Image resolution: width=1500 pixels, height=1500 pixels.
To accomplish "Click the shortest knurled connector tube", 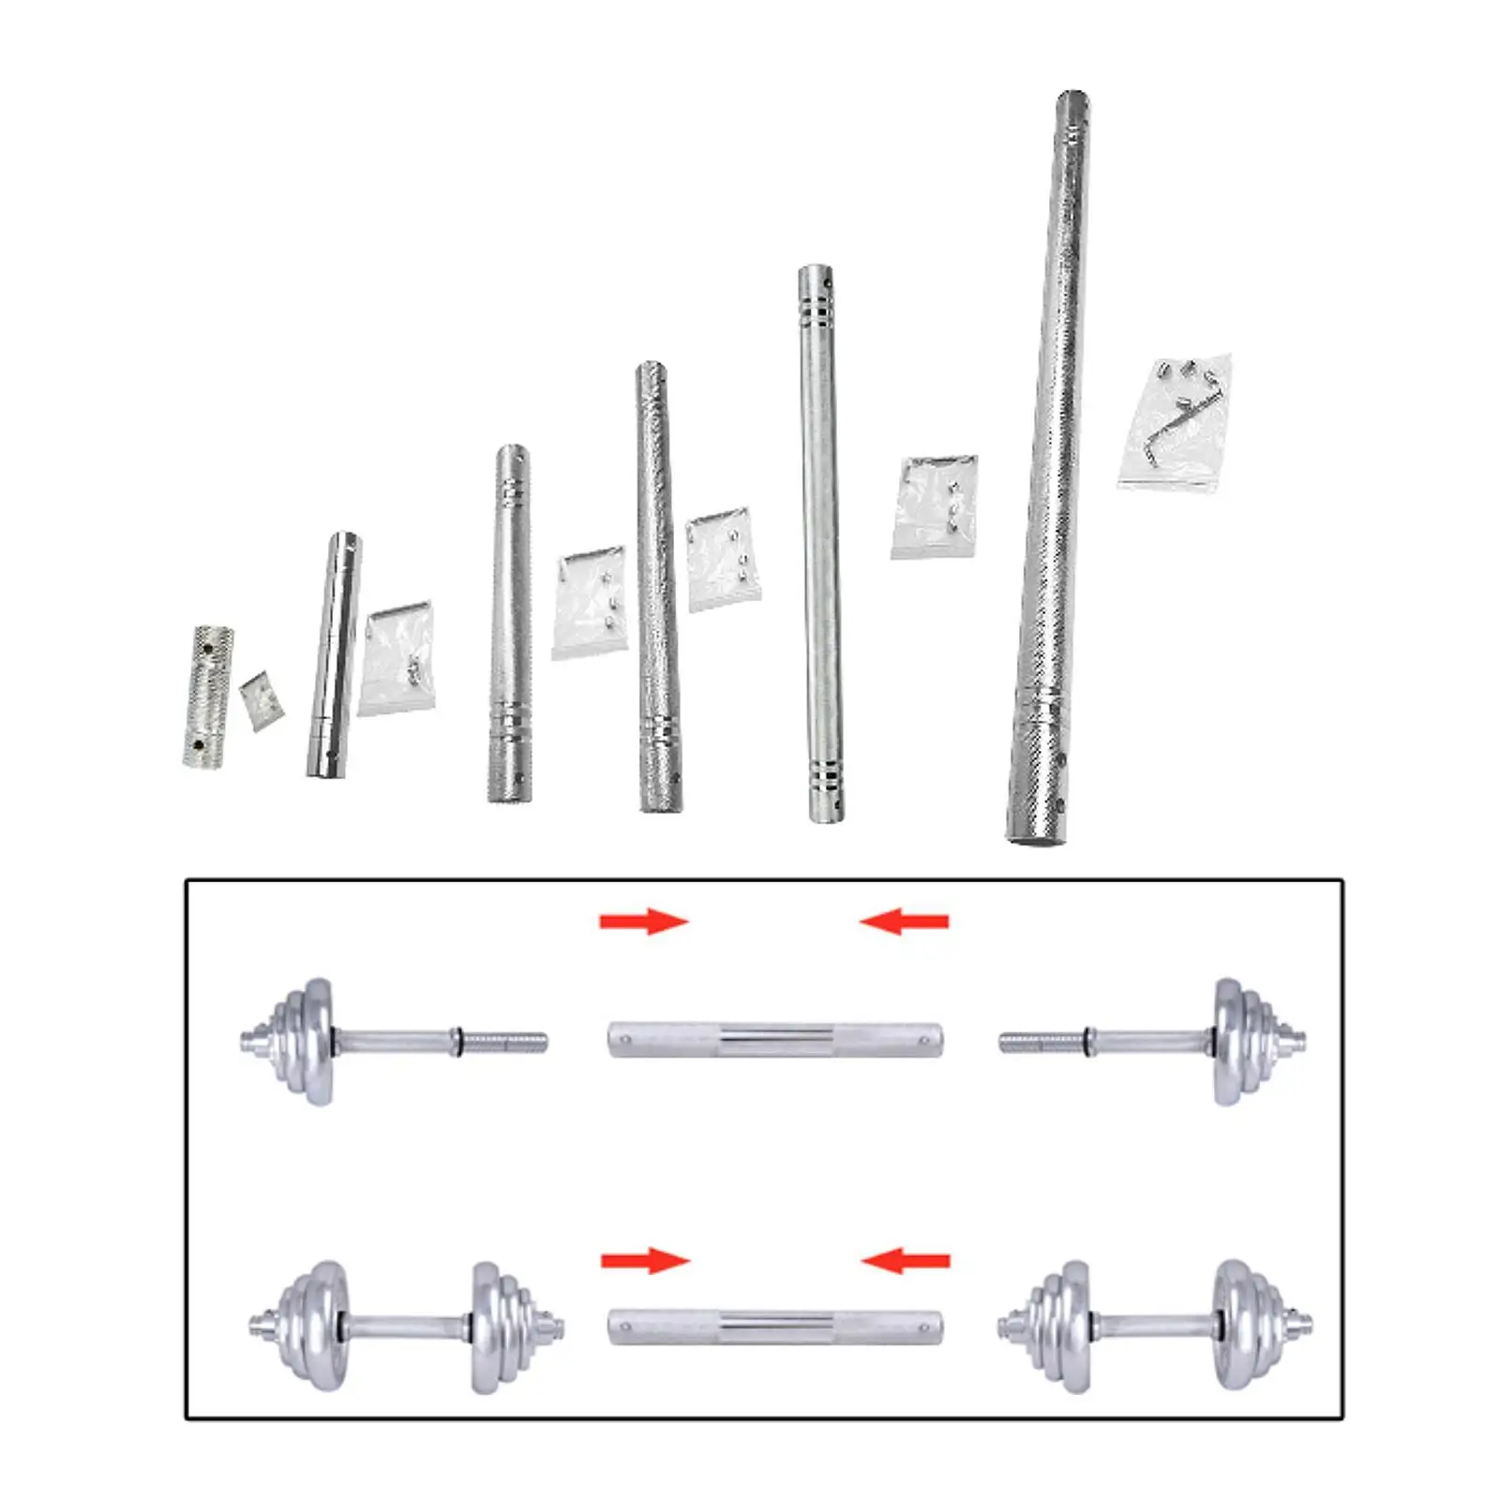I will pyautogui.click(x=207, y=697).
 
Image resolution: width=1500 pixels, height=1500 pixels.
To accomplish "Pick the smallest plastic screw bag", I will pyautogui.click(x=261, y=699).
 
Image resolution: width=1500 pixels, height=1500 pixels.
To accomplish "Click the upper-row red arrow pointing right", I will pyautogui.click(x=644, y=922).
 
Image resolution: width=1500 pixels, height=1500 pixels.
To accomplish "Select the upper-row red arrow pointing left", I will pyautogui.click(x=905, y=922).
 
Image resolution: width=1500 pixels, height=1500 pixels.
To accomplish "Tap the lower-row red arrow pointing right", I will pyautogui.click(x=645, y=1261).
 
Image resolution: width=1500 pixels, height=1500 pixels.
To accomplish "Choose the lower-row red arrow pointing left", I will pyautogui.click(x=906, y=1261).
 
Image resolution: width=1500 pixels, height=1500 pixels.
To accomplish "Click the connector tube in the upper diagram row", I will pyautogui.click(x=775, y=1040).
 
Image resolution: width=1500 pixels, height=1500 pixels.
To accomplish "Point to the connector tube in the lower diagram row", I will pyautogui.click(x=775, y=1327).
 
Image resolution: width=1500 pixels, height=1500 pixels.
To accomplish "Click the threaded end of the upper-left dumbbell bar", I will pyautogui.click(x=504, y=1042).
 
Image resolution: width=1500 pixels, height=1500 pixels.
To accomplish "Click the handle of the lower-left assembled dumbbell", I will pyautogui.click(x=408, y=1327).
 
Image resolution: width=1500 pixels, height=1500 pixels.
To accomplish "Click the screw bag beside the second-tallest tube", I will pyautogui.click(x=934, y=506).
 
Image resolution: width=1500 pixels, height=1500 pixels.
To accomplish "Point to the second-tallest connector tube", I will pyautogui.click(x=820, y=544).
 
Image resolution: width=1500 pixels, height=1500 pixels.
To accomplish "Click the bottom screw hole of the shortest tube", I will pyautogui.click(x=198, y=745).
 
